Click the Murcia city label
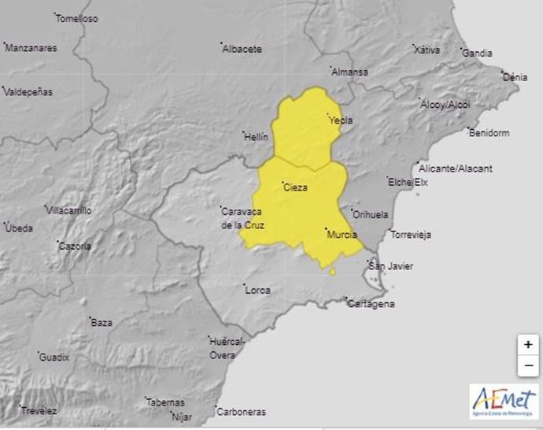[342, 235]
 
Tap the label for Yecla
[341, 120]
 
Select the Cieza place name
[295, 187]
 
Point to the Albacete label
[242, 49]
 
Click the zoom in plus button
[528, 344]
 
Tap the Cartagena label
[371, 304]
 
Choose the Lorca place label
[258, 290]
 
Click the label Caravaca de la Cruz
[243, 218]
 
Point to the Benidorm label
[489, 132]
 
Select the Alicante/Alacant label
[456, 169]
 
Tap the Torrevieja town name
[414, 235]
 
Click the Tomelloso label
[77, 19]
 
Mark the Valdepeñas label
[28, 91]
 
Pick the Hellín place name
[257, 136]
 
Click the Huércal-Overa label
[228, 348]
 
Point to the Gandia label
[477, 54]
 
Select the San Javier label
[391, 266]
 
